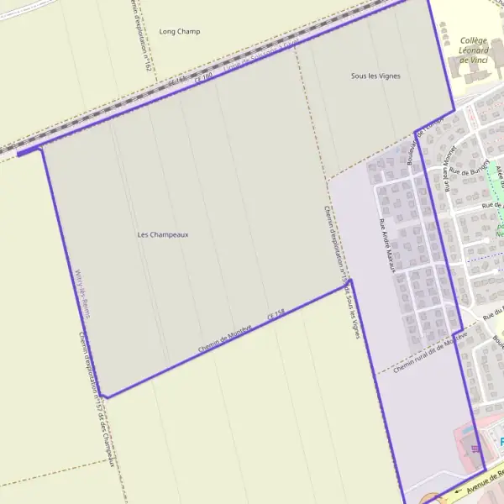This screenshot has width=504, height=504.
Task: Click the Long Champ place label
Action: (180, 32)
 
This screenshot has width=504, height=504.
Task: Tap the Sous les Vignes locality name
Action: (375, 76)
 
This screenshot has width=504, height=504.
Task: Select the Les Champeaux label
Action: (163, 234)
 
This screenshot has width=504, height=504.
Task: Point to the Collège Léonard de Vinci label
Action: (474, 50)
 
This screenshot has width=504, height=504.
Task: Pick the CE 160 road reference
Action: (204, 77)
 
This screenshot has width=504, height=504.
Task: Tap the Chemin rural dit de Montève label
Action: (429, 352)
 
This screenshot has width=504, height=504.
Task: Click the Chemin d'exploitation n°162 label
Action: (139, 34)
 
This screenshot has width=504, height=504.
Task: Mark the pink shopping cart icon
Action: (476, 447)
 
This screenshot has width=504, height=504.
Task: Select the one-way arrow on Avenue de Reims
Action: (459, 493)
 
